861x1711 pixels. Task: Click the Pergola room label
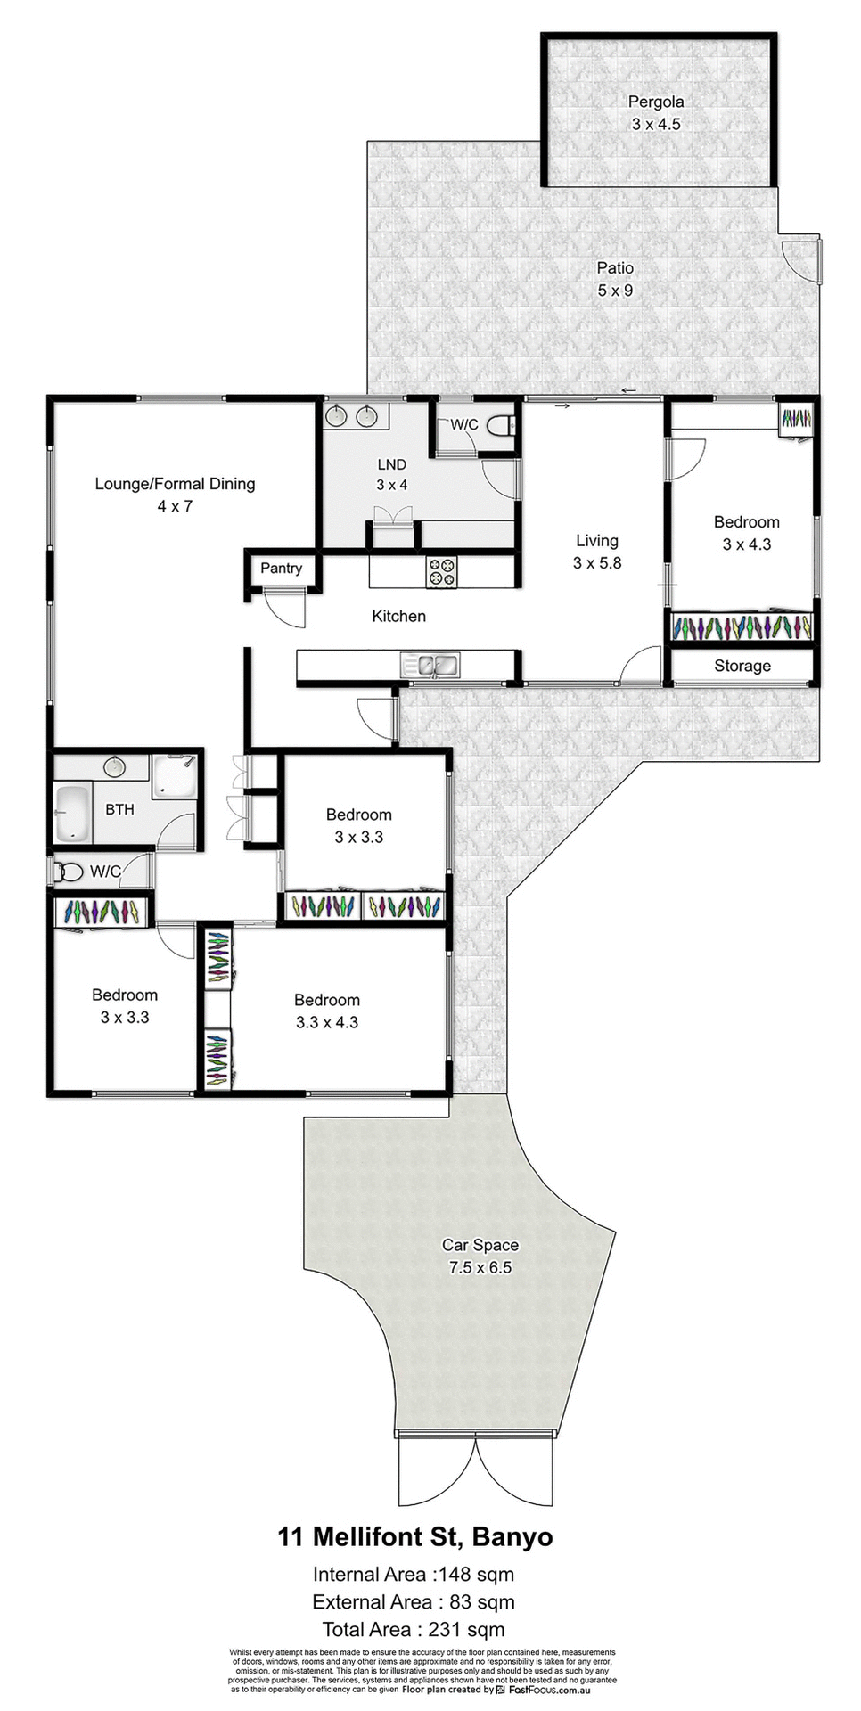point(655,102)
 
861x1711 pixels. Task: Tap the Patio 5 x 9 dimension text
point(615,291)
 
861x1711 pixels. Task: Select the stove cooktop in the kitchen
point(441,571)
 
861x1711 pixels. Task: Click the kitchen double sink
point(430,664)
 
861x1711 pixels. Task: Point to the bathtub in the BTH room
point(72,812)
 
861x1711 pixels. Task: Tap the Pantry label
point(281,568)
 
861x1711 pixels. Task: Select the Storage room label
point(742,666)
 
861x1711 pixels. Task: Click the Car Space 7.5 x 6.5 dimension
point(480,1267)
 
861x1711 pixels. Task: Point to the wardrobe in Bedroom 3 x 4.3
point(742,627)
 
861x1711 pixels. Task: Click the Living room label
point(596,540)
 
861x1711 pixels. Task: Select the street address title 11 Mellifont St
point(414,1537)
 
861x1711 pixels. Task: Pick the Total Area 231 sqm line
point(413,1629)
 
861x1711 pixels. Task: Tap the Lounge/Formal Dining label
point(175,484)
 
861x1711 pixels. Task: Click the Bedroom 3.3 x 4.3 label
point(326,1000)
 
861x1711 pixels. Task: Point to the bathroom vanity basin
point(114,766)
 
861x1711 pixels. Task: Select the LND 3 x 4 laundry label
point(391,464)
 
